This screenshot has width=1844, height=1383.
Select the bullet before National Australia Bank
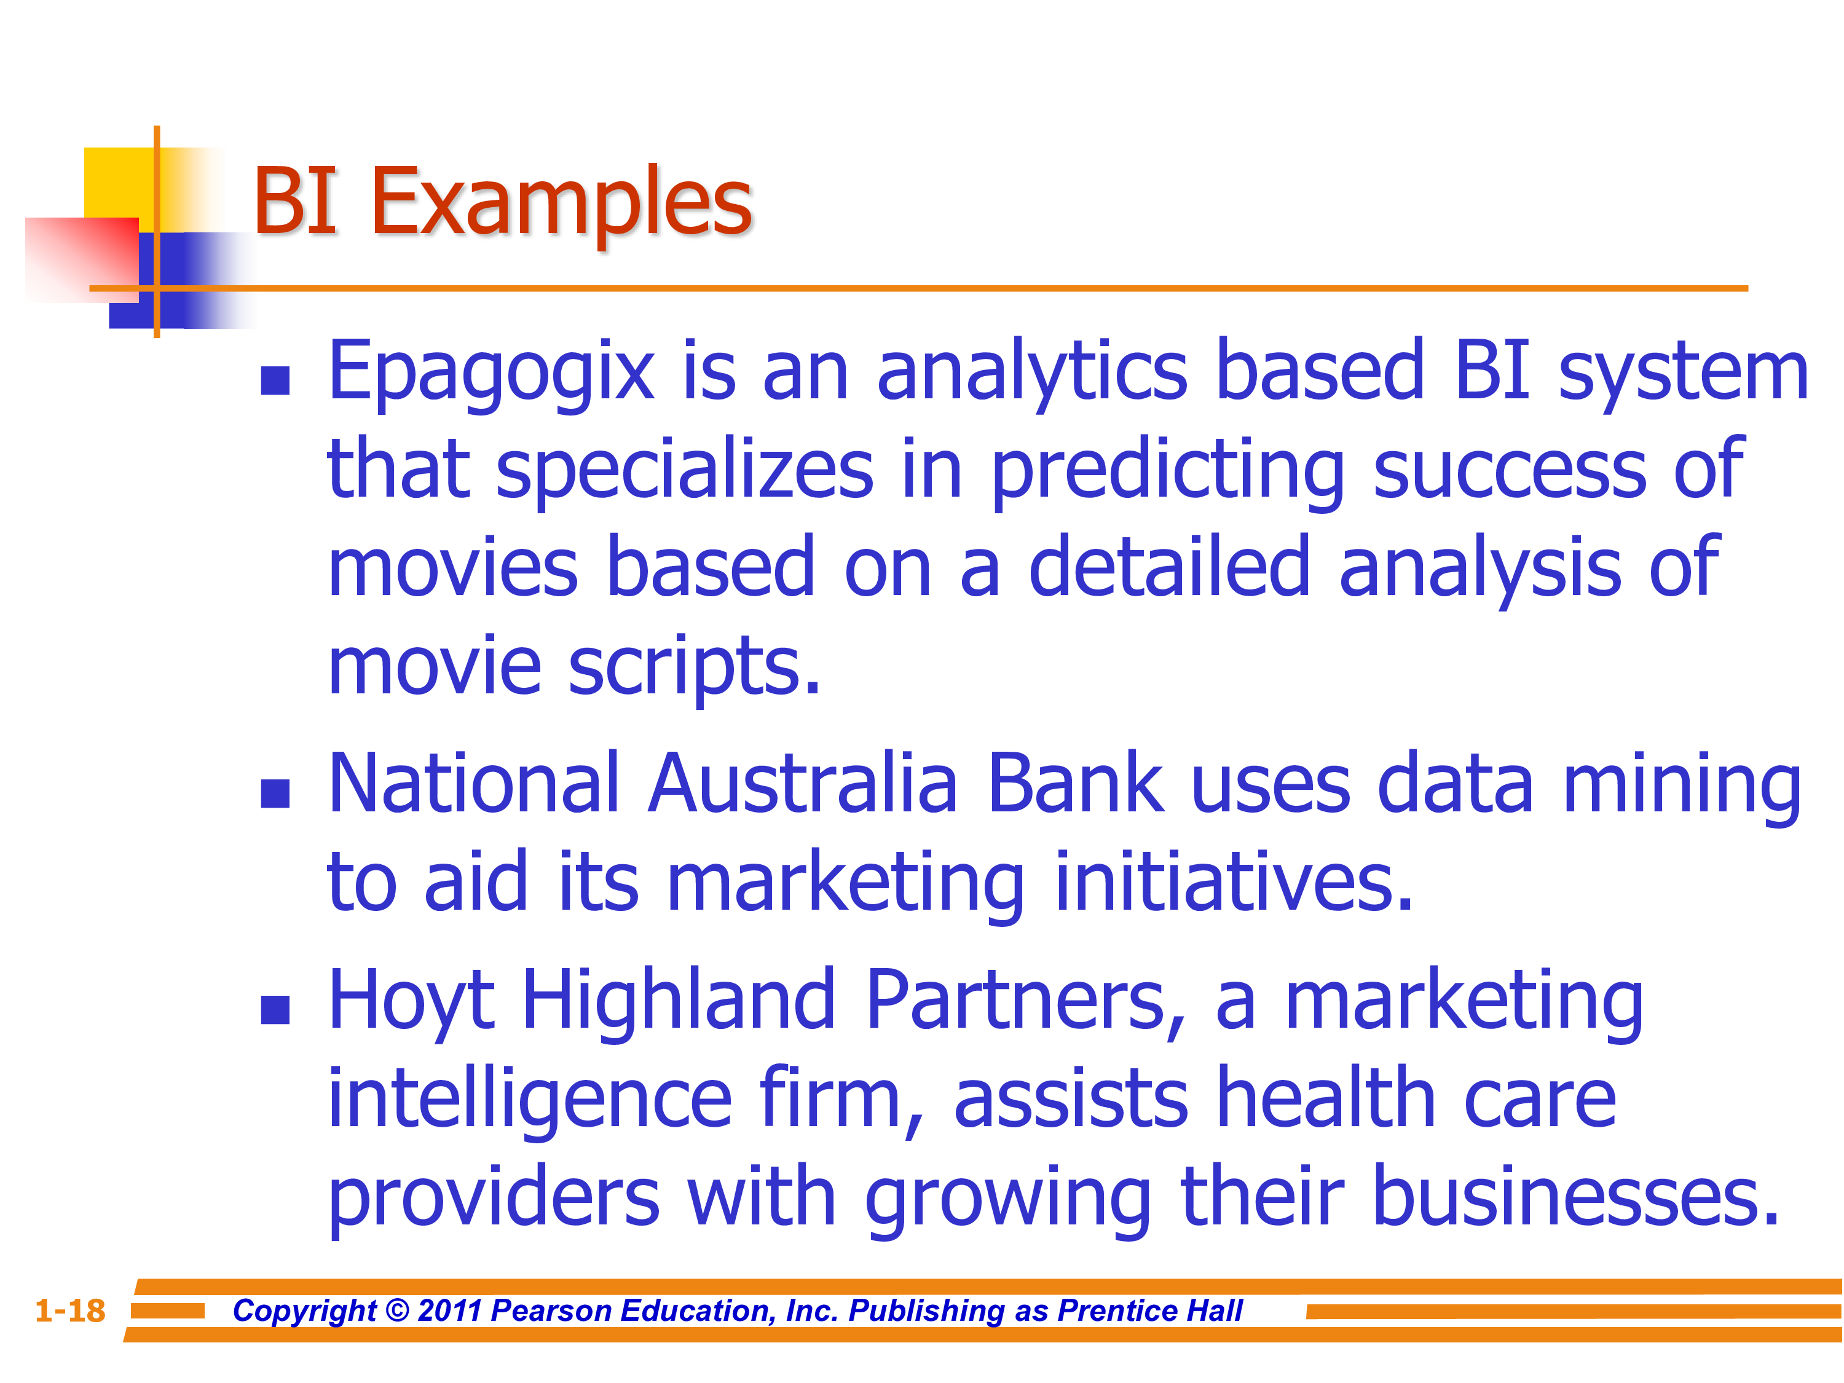275,794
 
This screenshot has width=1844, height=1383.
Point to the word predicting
1167,471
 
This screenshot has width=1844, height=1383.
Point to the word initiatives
1234,882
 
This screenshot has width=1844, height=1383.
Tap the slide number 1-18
70,1310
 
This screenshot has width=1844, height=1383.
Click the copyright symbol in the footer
398,1311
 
